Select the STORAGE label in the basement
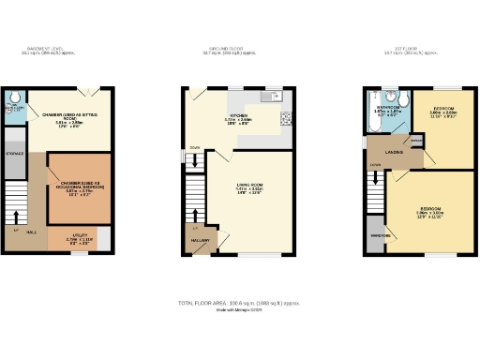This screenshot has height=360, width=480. pyautogui.click(x=15, y=152)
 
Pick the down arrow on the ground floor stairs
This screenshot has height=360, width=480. pyautogui.click(x=195, y=161)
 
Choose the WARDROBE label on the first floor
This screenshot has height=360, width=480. pyautogui.click(x=379, y=235)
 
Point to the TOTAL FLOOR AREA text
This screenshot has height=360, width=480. pyautogui.click(x=239, y=303)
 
